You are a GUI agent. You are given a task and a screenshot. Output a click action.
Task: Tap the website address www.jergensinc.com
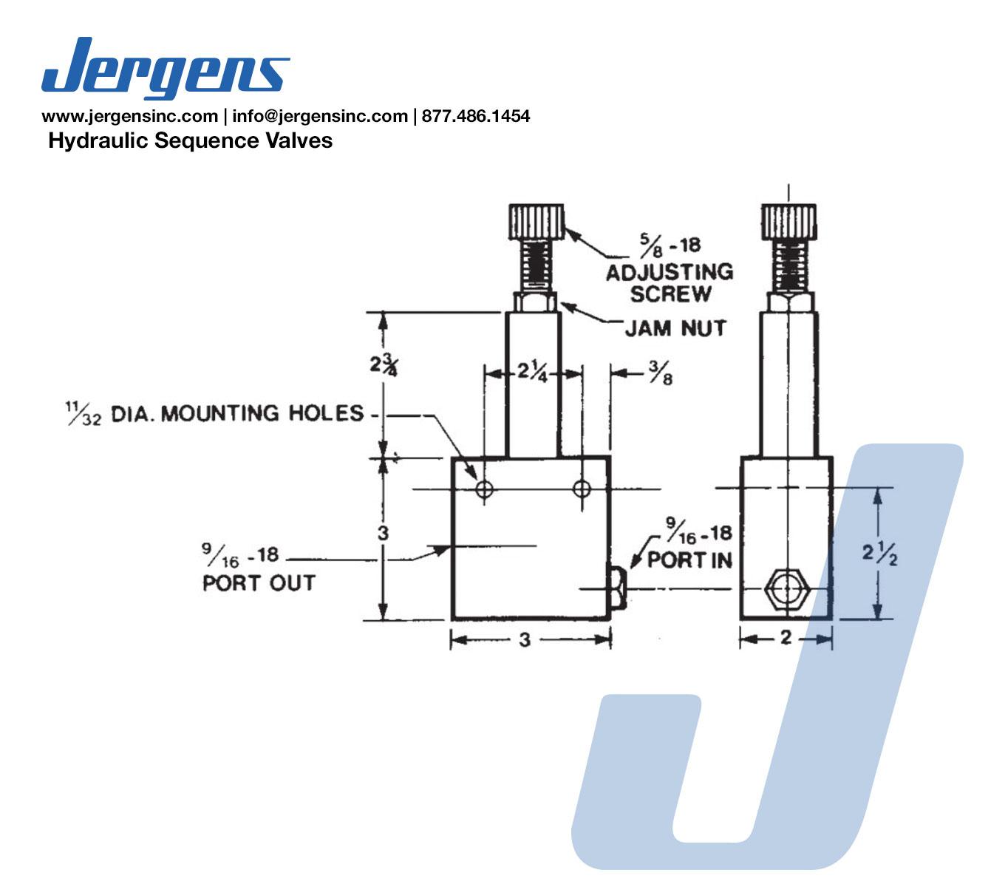[129, 116]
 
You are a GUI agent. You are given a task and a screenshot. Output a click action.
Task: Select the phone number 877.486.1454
[476, 116]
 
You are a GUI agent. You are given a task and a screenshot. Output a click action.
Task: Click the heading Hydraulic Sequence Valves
[190, 140]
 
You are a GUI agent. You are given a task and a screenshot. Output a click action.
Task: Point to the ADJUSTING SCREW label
[670, 282]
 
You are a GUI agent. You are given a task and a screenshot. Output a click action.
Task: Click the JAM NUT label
[675, 327]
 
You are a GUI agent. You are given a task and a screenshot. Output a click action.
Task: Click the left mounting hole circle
[485, 489]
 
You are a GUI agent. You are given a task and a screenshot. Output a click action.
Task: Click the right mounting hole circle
[582, 489]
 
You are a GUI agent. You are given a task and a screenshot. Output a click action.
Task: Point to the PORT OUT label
[259, 582]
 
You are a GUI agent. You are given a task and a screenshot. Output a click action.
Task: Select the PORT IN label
[689, 560]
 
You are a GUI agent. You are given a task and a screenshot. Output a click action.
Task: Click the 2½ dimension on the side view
[879, 554]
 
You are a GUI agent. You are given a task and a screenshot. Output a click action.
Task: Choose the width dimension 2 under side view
[786, 637]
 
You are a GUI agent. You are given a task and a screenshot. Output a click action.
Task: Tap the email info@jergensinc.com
[320, 116]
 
